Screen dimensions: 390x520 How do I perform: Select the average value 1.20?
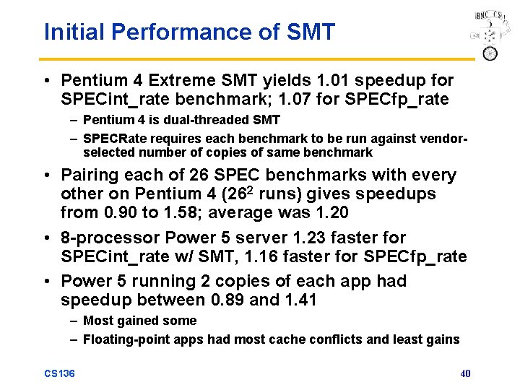pyautogui.click(x=329, y=213)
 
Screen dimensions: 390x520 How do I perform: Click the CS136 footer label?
pyautogui.click(x=60, y=373)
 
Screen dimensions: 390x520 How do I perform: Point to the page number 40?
pyautogui.click(x=465, y=373)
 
